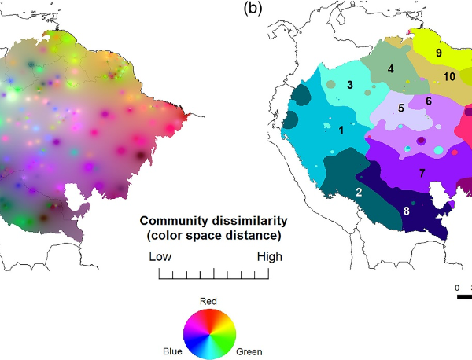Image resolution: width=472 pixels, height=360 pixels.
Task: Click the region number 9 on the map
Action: coord(438,53)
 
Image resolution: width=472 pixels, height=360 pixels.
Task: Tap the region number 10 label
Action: coord(449,77)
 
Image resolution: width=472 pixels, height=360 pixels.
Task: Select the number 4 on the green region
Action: coord(390,70)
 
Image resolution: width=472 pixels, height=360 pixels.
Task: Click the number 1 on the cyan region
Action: coord(341,131)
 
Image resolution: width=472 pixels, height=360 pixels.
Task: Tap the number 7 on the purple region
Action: coord(422,172)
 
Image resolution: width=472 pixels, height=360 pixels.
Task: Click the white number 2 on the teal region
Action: coord(359,192)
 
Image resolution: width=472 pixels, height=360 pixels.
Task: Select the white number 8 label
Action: coord(406,210)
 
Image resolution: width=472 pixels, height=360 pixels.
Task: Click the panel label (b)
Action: coord(253,9)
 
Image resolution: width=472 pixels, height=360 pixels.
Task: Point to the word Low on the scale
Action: coord(160,257)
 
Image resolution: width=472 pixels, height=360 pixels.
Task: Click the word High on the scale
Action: coord(268,257)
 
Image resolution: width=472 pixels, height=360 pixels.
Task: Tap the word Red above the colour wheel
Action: coord(208,301)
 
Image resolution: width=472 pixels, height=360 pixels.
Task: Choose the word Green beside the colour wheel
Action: coord(249,351)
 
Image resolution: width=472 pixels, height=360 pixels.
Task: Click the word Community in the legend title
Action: coord(171,221)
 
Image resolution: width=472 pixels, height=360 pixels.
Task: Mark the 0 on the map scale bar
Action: coord(457,288)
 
